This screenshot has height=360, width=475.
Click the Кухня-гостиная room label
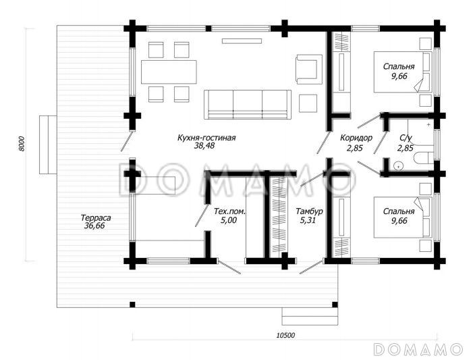point(206,138)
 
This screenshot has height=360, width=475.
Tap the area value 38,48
point(204,146)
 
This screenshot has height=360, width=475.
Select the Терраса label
point(96,217)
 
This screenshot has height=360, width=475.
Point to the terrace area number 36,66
point(94,226)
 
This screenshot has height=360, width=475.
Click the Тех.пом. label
point(229,211)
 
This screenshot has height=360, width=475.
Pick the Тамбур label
point(309,211)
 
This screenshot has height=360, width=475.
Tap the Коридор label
point(356,138)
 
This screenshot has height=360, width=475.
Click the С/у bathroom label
point(406,138)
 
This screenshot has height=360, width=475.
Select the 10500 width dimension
point(285,335)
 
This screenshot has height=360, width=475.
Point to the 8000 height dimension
point(22,144)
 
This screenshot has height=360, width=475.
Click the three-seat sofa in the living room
point(248,104)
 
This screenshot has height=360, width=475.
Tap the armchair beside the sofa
point(309,69)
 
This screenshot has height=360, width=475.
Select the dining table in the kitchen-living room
point(169,72)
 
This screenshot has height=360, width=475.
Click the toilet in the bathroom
point(424,158)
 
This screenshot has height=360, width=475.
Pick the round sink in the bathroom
point(398,166)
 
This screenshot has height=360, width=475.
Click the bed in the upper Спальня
point(402,72)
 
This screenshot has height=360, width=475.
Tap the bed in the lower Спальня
point(402,217)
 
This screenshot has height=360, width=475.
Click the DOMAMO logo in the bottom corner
point(418,349)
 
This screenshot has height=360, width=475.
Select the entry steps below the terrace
point(310,316)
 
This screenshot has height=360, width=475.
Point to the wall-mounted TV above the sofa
point(242,41)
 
